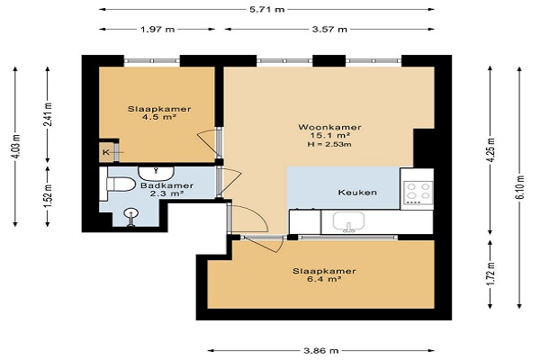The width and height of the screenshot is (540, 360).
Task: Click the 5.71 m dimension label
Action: click(267, 9)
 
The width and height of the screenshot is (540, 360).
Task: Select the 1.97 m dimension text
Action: click(157, 30)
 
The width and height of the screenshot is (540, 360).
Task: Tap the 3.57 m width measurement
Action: click(329, 30)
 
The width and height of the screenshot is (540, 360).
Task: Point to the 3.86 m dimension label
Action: click(321, 351)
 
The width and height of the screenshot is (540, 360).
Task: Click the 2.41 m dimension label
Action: click(49, 114)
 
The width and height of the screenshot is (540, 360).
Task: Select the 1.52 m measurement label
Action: click(49, 196)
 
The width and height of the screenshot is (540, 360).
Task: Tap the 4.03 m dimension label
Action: click(16, 146)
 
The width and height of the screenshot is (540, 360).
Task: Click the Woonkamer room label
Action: click(329, 127)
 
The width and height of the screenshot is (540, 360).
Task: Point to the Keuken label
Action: click(357, 193)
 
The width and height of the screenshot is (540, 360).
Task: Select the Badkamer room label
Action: click(166, 185)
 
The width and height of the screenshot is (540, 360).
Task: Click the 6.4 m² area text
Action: click(324, 279)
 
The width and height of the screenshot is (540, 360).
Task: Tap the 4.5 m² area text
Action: click(159, 117)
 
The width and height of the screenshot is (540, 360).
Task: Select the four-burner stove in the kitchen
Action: click(418, 191)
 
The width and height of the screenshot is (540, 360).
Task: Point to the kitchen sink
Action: click(348, 222)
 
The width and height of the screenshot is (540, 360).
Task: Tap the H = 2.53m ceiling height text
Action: click(329, 144)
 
